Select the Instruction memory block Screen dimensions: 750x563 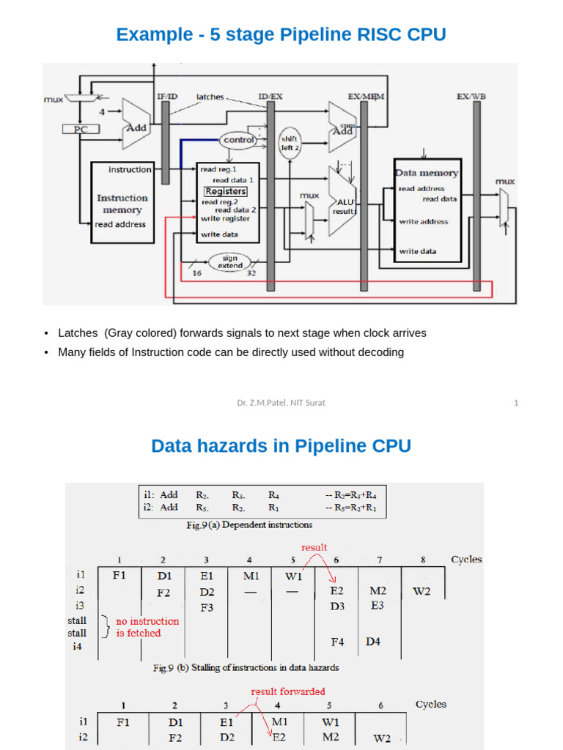122,204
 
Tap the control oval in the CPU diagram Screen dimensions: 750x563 239,139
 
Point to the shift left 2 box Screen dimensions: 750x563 290,143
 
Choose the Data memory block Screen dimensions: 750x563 427,209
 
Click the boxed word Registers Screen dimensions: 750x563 225,191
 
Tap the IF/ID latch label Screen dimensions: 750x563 166,96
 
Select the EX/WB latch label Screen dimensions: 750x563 470,96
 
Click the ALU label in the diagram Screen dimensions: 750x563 345,201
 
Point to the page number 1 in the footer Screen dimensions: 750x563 516,403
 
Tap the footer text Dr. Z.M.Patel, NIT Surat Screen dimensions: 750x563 281,403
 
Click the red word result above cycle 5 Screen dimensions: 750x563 314,547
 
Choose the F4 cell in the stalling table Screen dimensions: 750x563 337,642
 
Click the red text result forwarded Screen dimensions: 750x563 288,691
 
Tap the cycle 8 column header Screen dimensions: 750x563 423,559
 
